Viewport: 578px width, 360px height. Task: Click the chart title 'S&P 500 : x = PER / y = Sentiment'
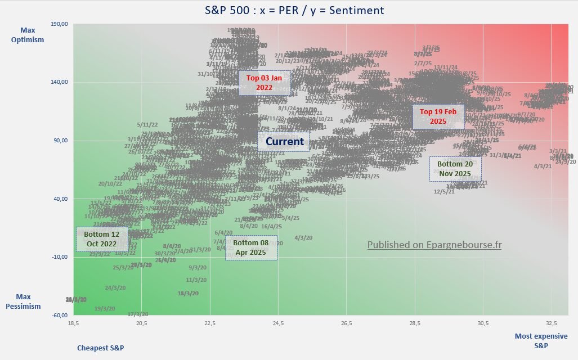(x=289, y=10)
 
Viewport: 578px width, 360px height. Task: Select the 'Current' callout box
(x=284, y=142)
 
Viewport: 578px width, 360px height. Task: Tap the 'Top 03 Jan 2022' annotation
(x=264, y=83)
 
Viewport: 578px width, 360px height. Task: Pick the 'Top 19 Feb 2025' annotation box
(x=438, y=116)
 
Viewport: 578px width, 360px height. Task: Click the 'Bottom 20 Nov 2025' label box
(x=455, y=169)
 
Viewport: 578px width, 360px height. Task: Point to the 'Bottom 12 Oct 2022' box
(x=101, y=239)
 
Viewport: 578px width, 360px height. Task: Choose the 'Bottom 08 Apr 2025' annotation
(x=250, y=247)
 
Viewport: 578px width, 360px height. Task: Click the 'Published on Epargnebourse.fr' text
(x=434, y=245)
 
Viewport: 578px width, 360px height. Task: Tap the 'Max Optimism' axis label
(x=32, y=34)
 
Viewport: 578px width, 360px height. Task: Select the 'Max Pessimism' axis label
(x=24, y=301)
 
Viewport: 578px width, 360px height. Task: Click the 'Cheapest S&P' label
(x=100, y=348)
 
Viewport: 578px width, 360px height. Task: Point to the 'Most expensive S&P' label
(x=541, y=340)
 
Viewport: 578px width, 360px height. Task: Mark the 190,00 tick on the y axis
(x=59, y=24)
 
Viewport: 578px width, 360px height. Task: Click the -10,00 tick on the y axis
(x=59, y=257)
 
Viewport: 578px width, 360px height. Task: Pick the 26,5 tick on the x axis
(x=347, y=323)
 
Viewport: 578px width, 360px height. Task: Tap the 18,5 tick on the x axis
(x=73, y=323)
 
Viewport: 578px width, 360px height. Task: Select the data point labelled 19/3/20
(x=105, y=308)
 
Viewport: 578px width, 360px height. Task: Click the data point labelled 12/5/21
(x=444, y=191)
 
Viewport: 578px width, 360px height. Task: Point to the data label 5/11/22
(x=147, y=124)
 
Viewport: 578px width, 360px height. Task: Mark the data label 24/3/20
(x=115, y=287)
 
